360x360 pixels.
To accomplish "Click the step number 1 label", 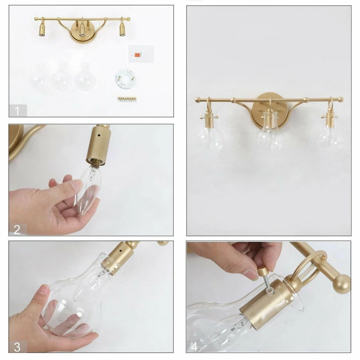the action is pos(17,111).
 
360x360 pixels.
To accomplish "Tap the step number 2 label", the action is pos(17,229).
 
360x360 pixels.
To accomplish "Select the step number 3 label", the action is pos(17,347).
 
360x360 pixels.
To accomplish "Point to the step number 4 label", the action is pos(194,347).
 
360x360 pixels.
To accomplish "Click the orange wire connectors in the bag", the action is pos(137,55).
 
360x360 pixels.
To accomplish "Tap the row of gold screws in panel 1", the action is pos(127,99).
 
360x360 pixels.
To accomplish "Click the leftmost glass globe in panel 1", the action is pos(39,76).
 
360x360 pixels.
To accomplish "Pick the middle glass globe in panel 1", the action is pos(61,76).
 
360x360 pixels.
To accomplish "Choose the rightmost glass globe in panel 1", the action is pos(85,76).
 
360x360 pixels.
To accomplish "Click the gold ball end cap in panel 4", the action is pos(342,284).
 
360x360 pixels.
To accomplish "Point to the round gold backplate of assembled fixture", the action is pos(267,108).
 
